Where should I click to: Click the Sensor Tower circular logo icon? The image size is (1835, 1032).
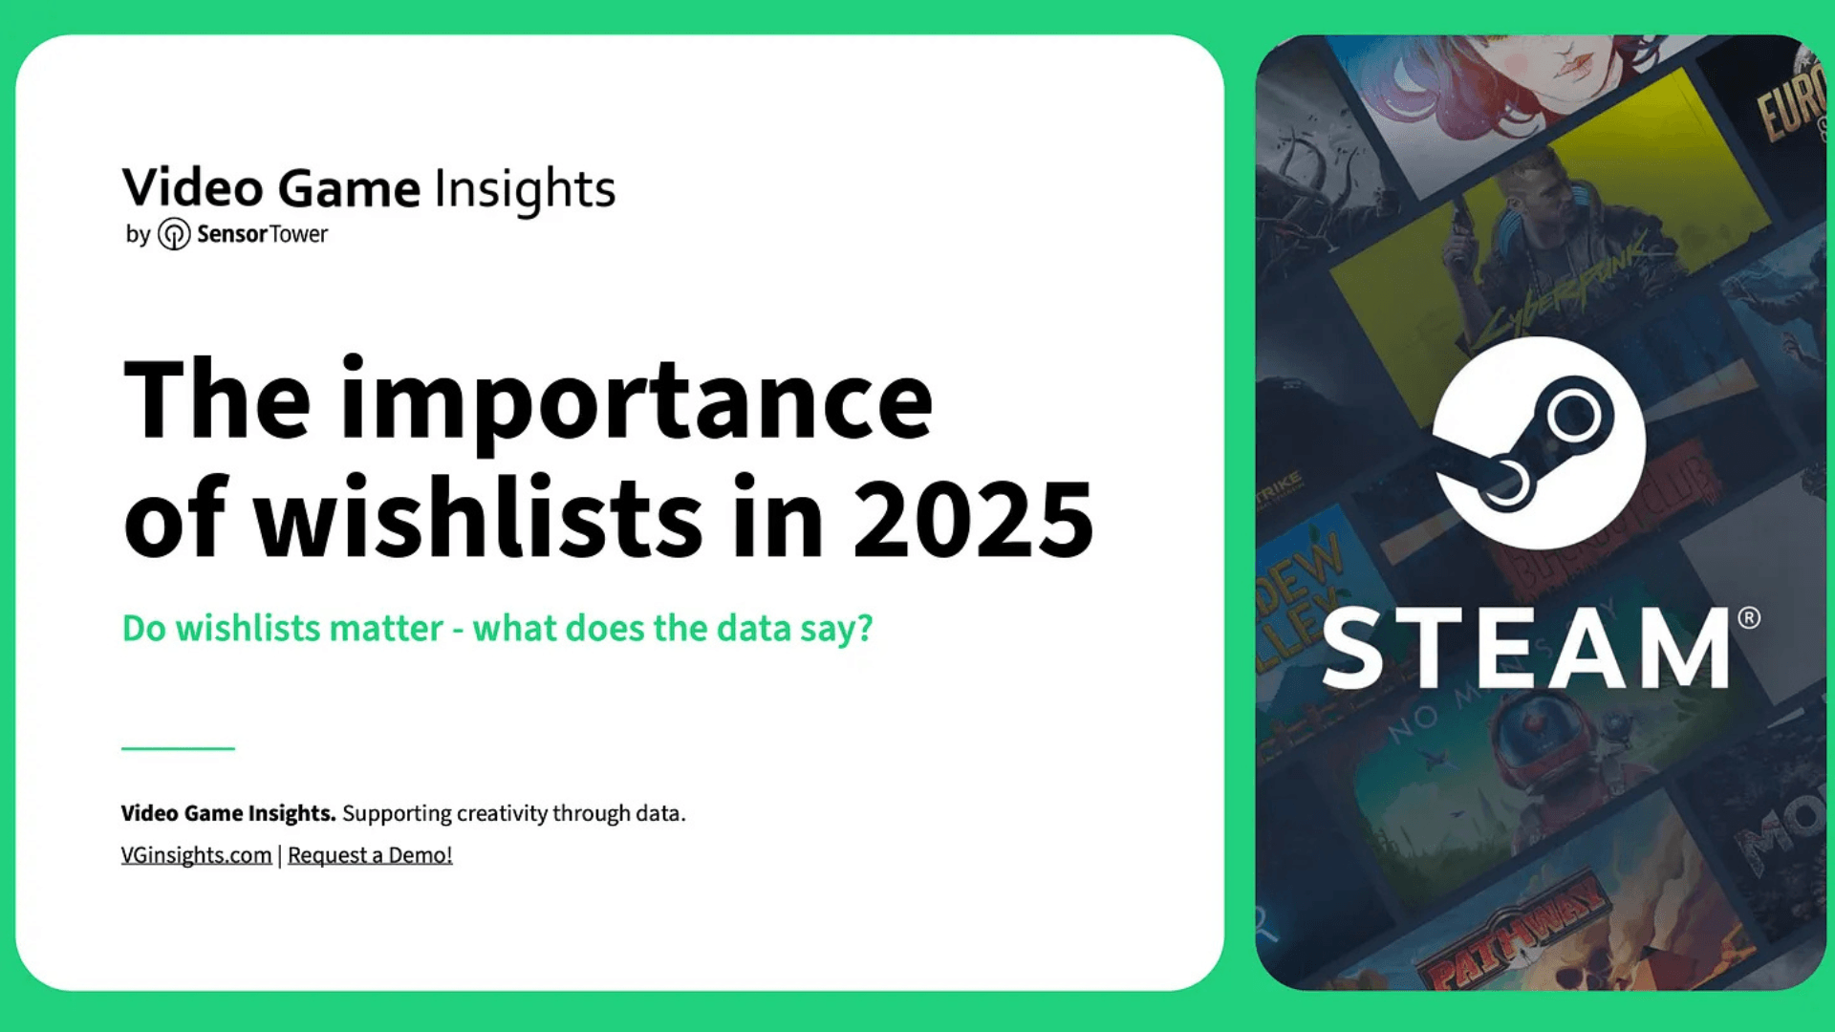173,234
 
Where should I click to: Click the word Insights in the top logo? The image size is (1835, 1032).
525,188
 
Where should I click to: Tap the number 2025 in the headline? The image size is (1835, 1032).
973,519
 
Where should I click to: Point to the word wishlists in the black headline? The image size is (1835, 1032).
477,519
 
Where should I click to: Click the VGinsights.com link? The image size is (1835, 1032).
196,855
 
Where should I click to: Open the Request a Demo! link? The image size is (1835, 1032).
370,855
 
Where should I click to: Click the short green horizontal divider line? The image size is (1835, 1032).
178,748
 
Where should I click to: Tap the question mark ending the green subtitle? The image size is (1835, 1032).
864,629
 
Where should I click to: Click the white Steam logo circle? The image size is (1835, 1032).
1538,442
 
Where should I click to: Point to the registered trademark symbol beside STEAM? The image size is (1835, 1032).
1748,618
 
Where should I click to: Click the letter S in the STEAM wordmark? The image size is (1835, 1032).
1352,650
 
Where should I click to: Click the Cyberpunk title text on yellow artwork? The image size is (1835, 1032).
1567,287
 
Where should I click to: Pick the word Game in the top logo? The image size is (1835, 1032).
349,188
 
